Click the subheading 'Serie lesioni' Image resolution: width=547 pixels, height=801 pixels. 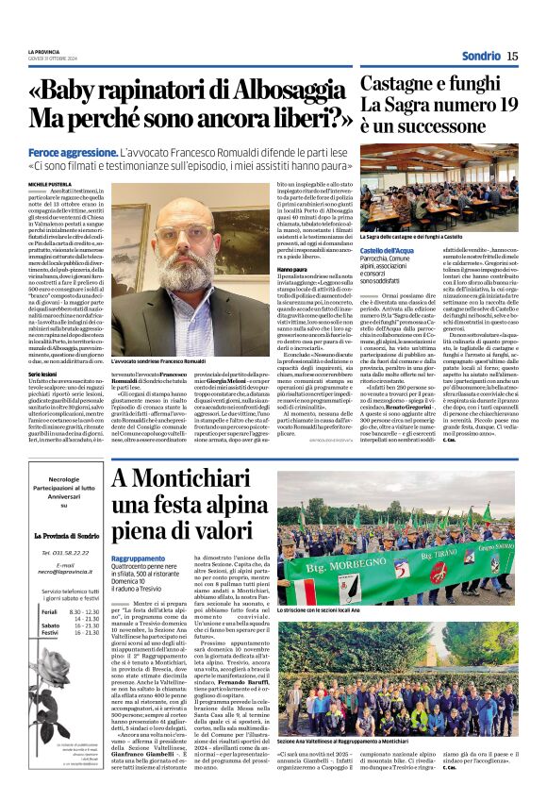click(43, 375)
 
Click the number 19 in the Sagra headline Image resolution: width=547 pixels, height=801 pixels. click(500, 105)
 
